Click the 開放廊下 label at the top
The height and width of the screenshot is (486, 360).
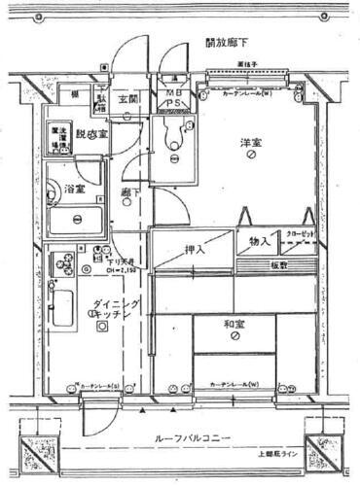227,44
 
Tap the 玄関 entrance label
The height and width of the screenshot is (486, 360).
129,100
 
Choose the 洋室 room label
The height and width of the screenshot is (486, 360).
251,144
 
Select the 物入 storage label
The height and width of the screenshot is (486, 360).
260,240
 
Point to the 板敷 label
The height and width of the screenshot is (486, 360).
280,264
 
